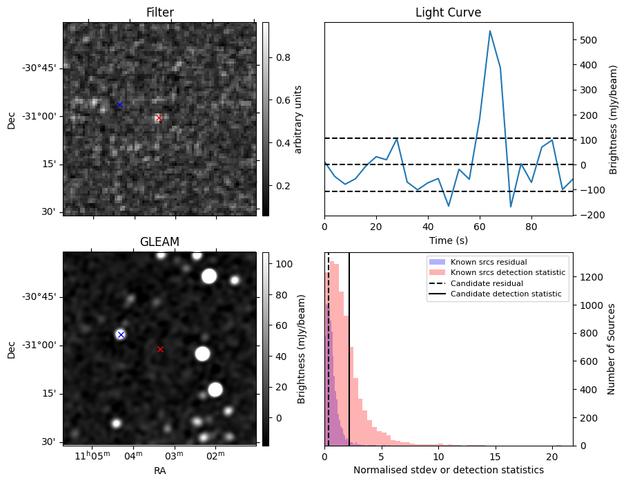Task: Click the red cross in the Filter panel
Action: [159, 118]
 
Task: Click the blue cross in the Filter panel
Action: [119, 104]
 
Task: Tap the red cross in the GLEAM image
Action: [160, 349]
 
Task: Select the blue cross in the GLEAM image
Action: [121, 334]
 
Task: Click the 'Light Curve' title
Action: [448, 12]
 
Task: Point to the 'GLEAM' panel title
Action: [159, 241]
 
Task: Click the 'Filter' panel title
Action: [159, 12]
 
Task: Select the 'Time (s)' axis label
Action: [448, 240]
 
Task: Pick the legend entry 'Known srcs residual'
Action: [488, 262]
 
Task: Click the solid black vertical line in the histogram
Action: [349, 345]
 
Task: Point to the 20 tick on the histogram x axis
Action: [552, 456]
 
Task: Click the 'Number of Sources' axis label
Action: [611, 349]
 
